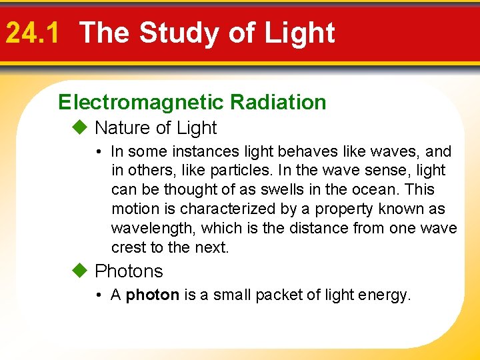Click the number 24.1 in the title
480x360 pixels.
pyautogui.click(x=31, y=33)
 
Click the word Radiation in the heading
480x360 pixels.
pyautogui.click(x=278, y=102)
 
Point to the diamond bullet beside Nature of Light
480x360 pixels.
pyautogui.click(x=80, y=127)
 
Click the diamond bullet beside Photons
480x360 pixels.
pyautogui.click(x=80, y=271)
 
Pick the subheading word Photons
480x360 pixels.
pyautogui.click(x=129, y=271)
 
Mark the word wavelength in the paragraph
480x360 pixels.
pyautogui.click(x=153, y=229)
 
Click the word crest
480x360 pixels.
pyautogui.click(x=127, y=248)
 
